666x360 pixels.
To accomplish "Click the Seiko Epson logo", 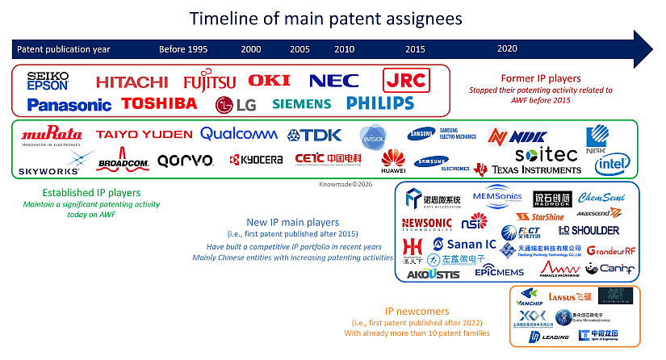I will [x=48, y=80].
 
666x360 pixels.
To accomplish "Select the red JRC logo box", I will [x=406, y=80].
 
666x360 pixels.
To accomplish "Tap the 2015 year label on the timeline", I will [x=415, y=49].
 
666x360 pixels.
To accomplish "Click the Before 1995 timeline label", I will [x=183, y=49].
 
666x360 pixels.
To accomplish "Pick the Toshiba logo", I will [x=159, y=103].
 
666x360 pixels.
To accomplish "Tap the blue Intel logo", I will [x=612, y=164].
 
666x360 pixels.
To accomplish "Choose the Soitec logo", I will [x=546, y=153].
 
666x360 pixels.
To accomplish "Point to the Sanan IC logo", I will [x=464, y=244].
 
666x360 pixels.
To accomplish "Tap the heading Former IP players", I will [x=524, y=77].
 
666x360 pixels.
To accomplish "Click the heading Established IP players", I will [x=91, y=193].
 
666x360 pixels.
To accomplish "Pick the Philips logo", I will [x=379, y=103].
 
